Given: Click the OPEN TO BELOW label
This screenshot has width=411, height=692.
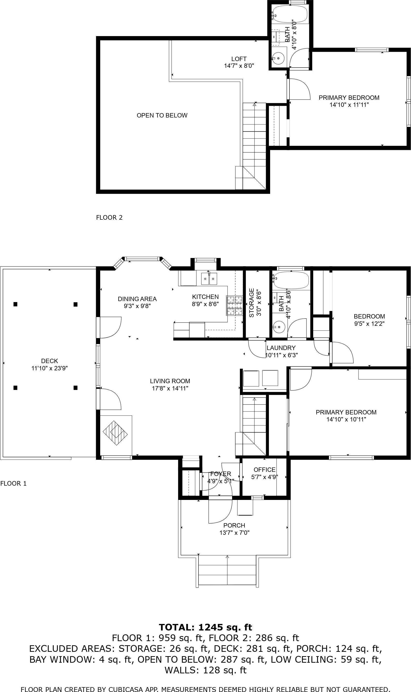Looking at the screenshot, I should pos(162,116).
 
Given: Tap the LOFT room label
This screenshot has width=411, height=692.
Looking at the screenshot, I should pos(239,59).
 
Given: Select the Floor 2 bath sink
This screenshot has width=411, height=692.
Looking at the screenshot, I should pos(278,58).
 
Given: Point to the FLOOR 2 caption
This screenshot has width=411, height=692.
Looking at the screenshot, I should pos(109,218).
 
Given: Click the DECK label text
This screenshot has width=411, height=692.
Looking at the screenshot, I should pos(50,361).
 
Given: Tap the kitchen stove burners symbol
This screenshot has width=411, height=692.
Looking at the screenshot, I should pos(234,306).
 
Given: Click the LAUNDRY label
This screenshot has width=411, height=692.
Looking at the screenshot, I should pos(281,348).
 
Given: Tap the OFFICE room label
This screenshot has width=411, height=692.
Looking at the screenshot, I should pos(265,470).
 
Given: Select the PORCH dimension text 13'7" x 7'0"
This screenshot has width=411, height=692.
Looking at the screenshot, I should pos(235,533).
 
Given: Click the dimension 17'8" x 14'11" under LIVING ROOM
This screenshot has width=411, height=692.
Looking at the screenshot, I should pos(170,388).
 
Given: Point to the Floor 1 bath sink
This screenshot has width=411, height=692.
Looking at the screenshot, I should pos(279,327).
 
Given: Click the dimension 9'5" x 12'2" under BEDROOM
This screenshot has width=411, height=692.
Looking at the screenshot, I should pos(369,324).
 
